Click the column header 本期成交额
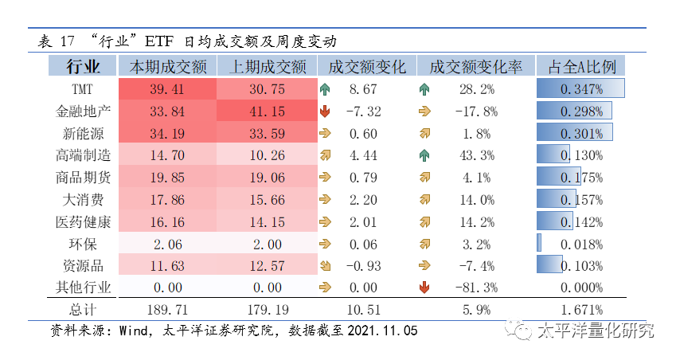tap(168, 66)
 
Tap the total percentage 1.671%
tap(582, 309)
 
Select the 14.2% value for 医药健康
tap(475, 221)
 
